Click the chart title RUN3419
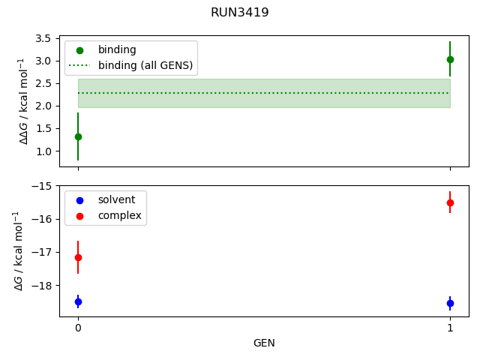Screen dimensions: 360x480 coord(240,13)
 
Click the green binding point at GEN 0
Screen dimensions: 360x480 coord(78,136)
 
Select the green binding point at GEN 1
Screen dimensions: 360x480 coord(450,59)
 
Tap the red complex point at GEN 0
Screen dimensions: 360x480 coord(78,257)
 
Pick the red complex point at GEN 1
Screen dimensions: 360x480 coord(450,202)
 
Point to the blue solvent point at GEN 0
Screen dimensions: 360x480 coord(78,301)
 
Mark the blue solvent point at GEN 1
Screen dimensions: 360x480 coord(450,303)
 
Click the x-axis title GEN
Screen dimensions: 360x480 coord(264,343)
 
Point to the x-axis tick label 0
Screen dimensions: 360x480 coord(78,328)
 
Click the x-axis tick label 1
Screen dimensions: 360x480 coord(450,328)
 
